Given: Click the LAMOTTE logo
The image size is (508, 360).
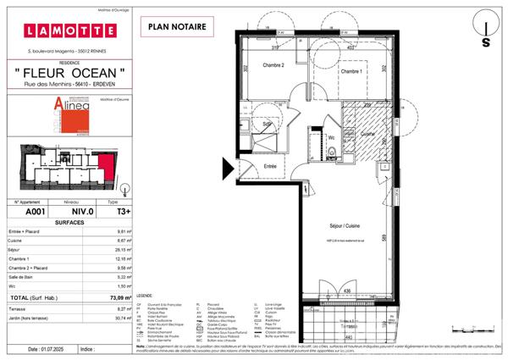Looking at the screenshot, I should (70, 31).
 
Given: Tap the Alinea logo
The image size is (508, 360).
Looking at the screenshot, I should (63, 113).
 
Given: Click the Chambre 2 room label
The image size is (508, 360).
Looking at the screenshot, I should (272, 66).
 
